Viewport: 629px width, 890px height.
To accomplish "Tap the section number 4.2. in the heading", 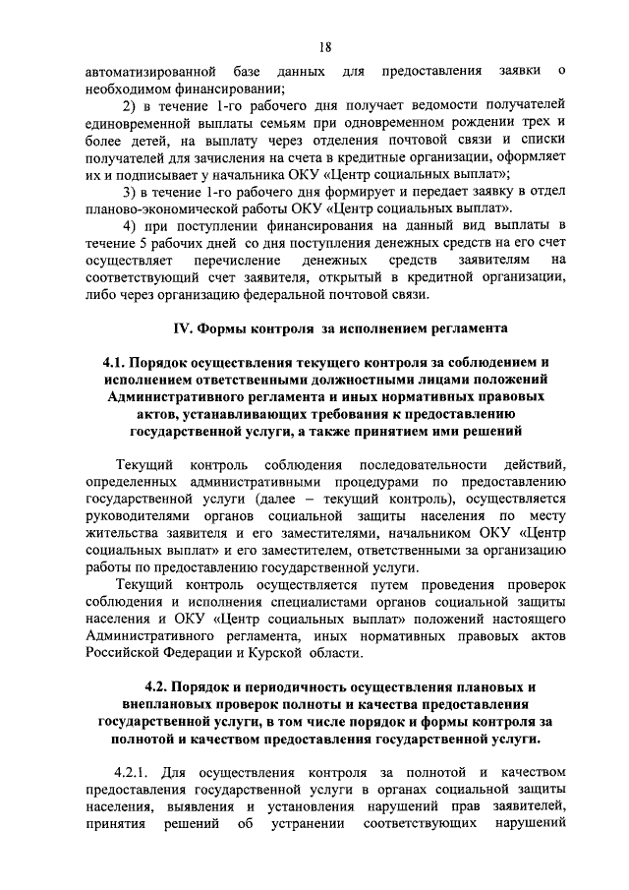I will [161, 686].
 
